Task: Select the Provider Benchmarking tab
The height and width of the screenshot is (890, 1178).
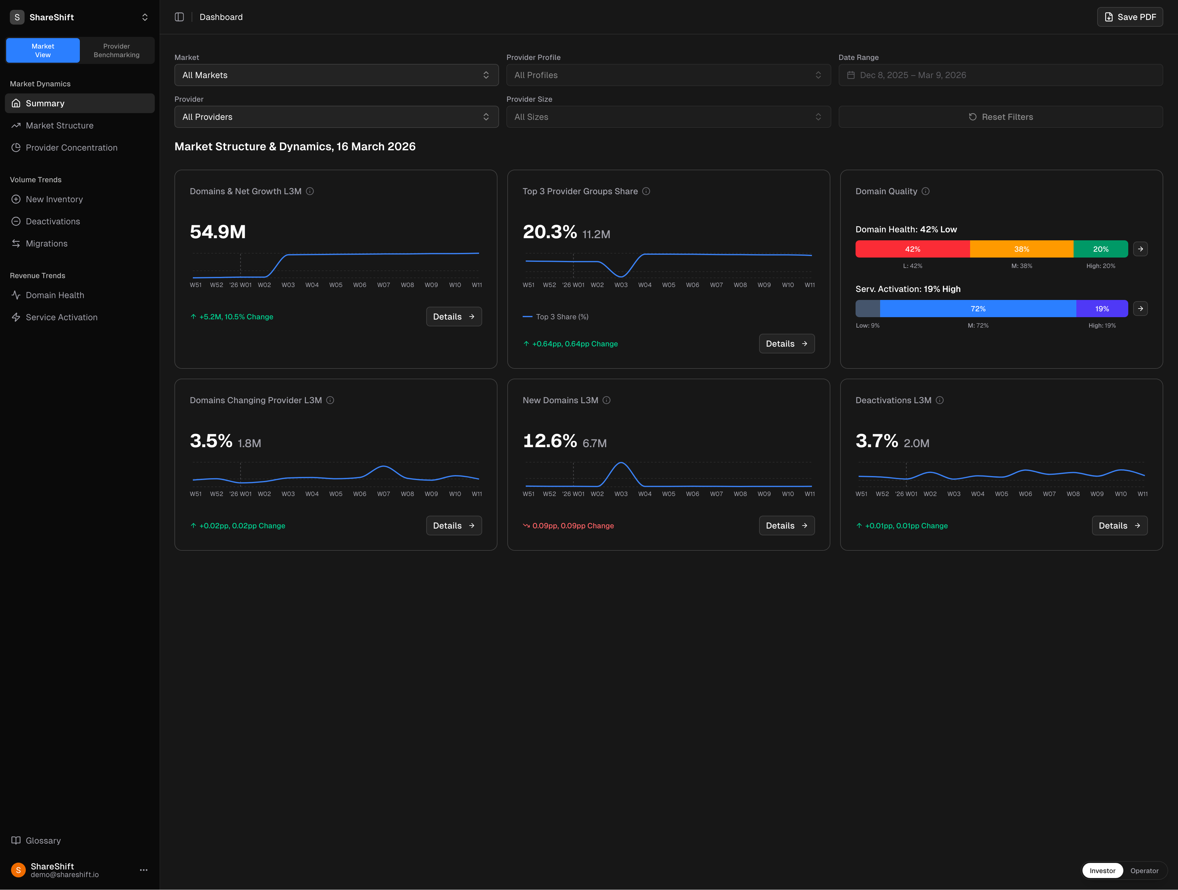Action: [x=117, y=51]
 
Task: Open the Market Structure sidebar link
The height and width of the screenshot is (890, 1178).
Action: [x=60, y=126]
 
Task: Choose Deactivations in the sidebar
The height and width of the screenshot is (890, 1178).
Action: [x=53, y=222]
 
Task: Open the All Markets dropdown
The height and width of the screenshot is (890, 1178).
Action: [x=336, y=75]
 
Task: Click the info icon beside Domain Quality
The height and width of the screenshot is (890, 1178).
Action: [x=926, y=191]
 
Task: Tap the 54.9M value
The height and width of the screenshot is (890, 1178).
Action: [x=218, y=232]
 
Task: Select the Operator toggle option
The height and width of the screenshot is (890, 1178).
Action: [x=1144, y=871]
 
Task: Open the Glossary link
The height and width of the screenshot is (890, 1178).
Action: [x=43, y=841]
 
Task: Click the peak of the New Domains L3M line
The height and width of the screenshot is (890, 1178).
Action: [x=621, y=463]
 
